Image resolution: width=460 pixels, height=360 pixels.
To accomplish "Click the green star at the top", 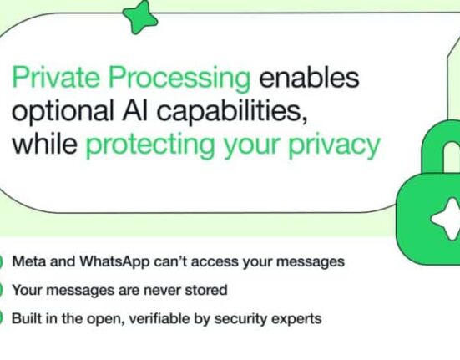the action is click(x=140, y=18).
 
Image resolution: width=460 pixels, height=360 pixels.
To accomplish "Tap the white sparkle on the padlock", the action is click(x=446, y=219).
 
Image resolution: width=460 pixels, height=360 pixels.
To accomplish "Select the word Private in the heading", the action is click(x=56, y=77).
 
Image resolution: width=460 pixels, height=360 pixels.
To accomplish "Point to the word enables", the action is click(x=309, y=78).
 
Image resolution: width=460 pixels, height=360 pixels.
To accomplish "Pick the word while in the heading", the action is click(x=44, y=144).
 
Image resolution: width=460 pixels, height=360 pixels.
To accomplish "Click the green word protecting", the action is click(x=150, y=146).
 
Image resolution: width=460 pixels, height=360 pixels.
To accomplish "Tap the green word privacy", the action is click(x=335, y=146).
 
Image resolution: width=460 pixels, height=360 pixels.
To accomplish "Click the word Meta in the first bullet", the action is click(x=29, y=261).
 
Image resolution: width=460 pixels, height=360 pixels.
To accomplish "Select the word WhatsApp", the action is click(x=114, y=262).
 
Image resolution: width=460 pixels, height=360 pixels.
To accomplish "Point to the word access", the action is click(x=215, y=262).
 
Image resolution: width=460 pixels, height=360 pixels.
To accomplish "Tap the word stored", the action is click(x=206, y=290).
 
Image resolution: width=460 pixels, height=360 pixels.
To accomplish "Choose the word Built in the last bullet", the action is click(x=27, y=318).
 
